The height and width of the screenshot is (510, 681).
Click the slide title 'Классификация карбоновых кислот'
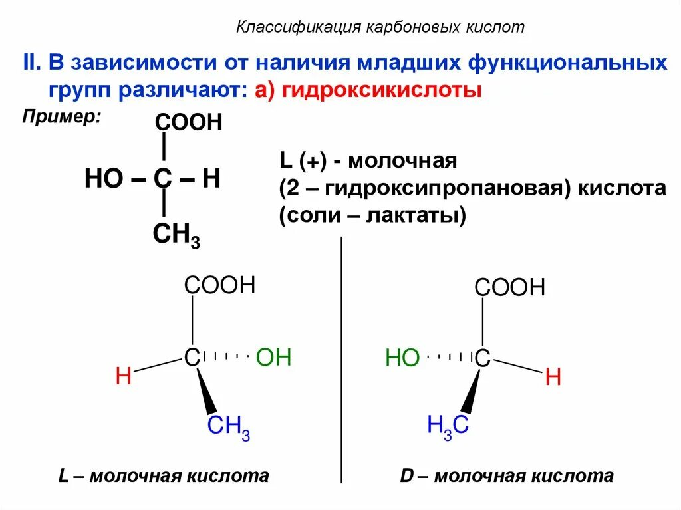point(381,27)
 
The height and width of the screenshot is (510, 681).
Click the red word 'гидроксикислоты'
point(381,90)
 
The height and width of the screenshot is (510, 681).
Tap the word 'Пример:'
point(62,116)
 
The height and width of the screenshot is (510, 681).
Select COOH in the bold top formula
point(188,123)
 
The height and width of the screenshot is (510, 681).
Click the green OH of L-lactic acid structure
point(273,358)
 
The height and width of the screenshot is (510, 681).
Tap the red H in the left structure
point(123,376)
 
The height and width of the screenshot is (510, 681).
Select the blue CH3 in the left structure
point(228,426)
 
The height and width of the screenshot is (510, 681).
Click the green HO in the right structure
point(402,360)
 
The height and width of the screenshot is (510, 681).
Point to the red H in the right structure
point(553,378)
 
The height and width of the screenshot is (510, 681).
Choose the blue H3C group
point(448,426)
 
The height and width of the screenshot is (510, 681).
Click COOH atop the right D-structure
point(509,288)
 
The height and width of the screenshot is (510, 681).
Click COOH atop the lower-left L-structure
point(220,285)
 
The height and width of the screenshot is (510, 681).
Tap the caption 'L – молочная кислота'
point(164,476)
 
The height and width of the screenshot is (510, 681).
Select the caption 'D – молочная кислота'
point(506,476)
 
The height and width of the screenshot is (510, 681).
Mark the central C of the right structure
point(482,360)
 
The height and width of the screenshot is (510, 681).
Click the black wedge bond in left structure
point(207,392)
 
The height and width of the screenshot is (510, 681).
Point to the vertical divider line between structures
point(341,359)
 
